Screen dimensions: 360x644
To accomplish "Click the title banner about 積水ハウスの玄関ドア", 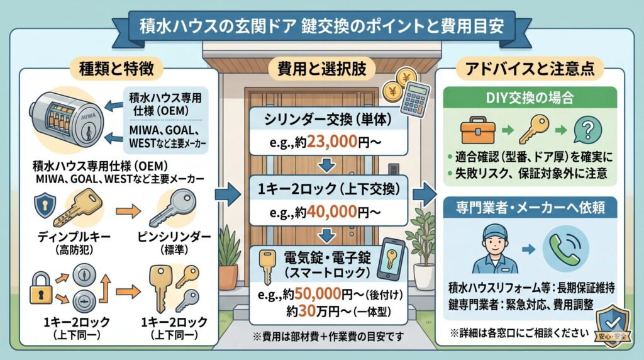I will point(321,26).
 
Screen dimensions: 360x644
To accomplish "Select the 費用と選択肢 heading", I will point(322,67).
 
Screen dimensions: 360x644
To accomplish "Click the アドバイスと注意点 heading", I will point(532,67).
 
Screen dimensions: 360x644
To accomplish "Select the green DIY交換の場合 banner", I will point(532,99).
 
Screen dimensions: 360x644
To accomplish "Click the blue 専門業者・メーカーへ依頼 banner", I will point(532,206).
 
